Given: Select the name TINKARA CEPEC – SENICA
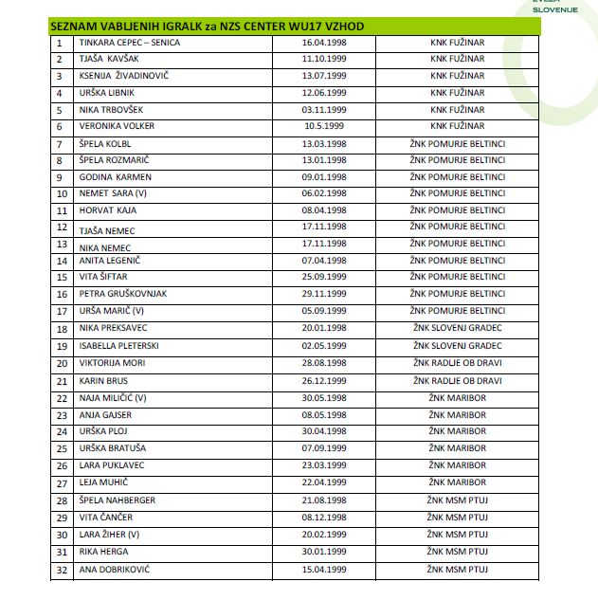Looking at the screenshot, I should tap(130, 43).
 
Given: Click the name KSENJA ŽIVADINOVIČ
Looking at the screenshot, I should tap(122, 76).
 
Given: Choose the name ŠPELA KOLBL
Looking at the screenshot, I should tap(104, 143).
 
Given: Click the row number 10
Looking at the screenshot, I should tap(62, 193).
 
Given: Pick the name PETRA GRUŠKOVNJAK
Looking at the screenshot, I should tap(123, 294).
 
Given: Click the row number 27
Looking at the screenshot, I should tap(62, 483).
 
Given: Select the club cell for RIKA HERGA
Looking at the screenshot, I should tap(457, 552).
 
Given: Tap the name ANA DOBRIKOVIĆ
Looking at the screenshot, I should tap(115, 570).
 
